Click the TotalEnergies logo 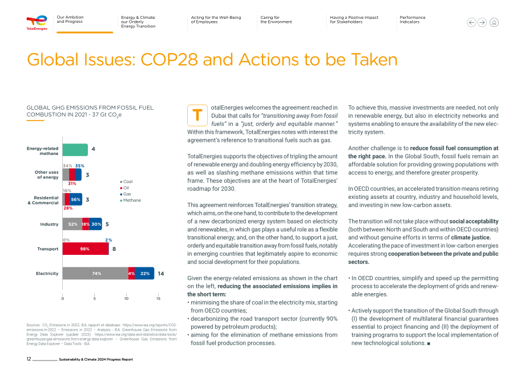point(37,22)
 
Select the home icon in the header point(494,22)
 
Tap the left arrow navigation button point(471,22)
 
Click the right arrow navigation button point(482,22)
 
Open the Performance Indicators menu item point(412,19)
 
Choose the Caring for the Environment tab point(276,19)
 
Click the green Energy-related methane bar point(75,150)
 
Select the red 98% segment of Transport point(86,249)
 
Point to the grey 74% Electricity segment point(95,273)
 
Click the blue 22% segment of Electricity point(144,273)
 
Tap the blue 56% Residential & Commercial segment point(76,199)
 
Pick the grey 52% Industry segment point(72,224)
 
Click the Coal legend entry point(126,181)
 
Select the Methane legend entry point(131,200)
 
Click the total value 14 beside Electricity point(161,274)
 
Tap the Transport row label point(47,249)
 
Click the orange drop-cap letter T point(197,115)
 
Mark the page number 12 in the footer point(29,359)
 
